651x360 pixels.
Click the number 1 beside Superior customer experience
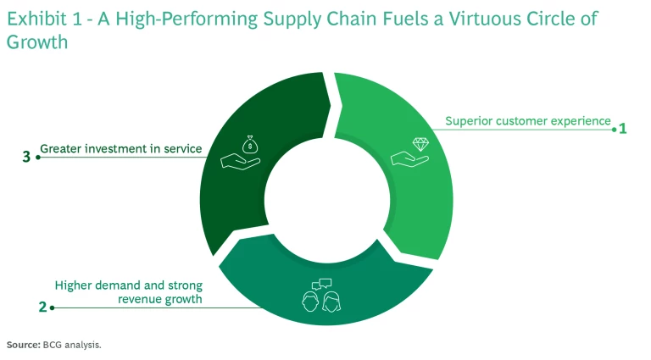pyautogui.click(x=622, y=129)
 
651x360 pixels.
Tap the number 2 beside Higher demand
pyautogui.click(x=42, y=307)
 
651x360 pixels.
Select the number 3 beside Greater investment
pyautogui.click(x=27, y=157)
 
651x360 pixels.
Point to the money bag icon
pyautogui.click(x=248, y=146)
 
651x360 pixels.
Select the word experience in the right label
pyautogui.click(x=582, y=121)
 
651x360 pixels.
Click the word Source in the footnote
pyautogui.click(x=24, y=345)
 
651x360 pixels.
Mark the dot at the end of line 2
pyautogui.click(x=53, y=307)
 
